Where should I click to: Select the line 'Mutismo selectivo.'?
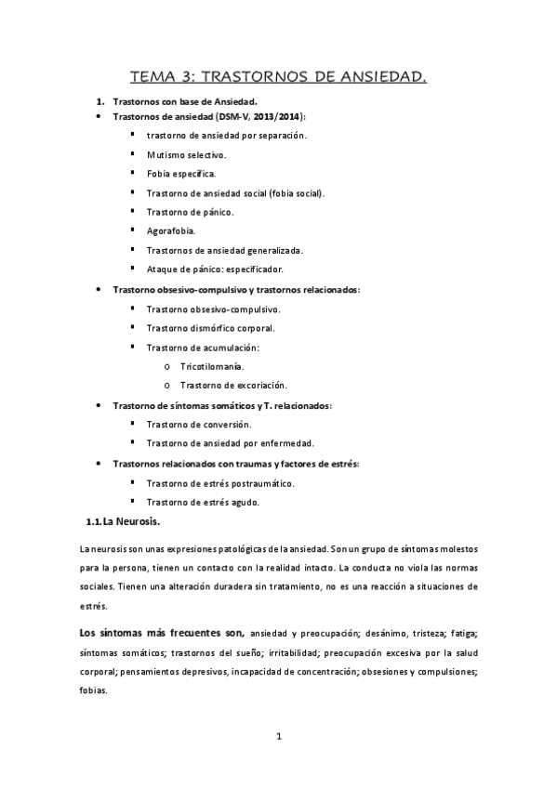185,154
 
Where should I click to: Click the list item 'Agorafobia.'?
171,231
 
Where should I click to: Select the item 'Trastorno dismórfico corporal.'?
210,327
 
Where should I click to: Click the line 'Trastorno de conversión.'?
199,424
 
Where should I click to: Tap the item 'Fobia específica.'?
181,174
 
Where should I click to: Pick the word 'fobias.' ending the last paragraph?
94,691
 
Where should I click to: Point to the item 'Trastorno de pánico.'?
190,212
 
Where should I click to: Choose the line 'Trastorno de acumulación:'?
203,347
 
